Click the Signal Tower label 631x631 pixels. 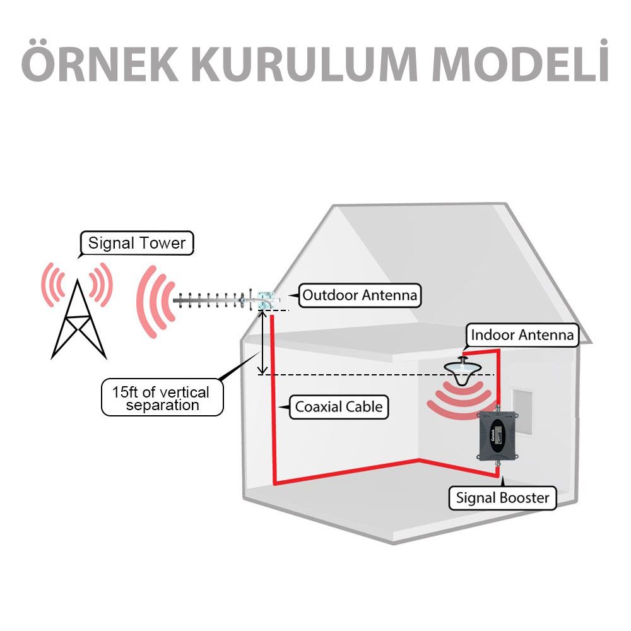click(137, 244)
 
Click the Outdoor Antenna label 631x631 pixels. click(360, 295)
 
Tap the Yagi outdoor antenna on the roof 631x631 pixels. click(221, 300)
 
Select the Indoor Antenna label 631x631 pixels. click(522, 335)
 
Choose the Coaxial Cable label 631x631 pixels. click(338, 407)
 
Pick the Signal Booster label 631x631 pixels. click(502, 498)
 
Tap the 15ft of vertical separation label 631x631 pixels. click(162, 398)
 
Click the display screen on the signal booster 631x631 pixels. click(496, 434)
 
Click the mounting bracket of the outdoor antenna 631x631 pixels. click(266, 299)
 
